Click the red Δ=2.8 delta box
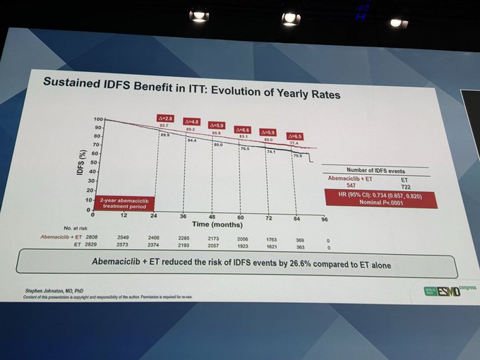tap(165, 118)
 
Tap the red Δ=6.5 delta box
tap(296, 136)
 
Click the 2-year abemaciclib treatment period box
tap(121, 203)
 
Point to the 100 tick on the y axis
tap(98, 120)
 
